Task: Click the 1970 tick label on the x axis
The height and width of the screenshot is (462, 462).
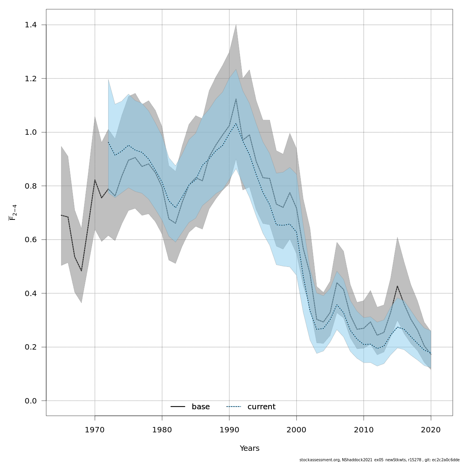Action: point(95,430)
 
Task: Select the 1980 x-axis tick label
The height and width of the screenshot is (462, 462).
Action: point(162,430)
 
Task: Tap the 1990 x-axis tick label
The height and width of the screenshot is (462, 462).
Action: point(229,430)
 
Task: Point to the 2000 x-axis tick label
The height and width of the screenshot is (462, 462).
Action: point(296,430)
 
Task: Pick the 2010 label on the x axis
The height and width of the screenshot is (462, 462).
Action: point(363,430)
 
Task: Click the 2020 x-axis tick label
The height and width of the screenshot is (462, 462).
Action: point(431,430)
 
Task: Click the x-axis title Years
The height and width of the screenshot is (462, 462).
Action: point(249,449)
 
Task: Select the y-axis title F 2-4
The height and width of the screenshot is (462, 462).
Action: point(12,213)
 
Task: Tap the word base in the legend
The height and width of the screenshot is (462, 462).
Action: point(201,407)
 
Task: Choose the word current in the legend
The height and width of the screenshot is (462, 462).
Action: point(261,407)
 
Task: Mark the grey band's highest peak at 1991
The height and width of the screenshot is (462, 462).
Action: point(236,25)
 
